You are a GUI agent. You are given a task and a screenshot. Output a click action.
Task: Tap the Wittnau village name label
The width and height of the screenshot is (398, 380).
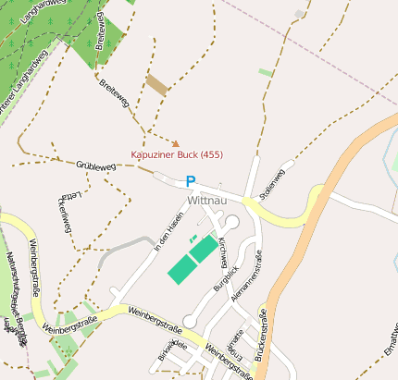pos(206,200)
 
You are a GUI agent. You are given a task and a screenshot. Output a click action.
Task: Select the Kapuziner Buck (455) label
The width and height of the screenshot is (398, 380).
pos(176,154)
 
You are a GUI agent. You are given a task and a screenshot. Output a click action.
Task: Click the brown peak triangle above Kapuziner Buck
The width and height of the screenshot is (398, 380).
pos(176,143)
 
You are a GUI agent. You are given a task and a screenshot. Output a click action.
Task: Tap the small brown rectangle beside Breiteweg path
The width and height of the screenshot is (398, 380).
pos(156,84)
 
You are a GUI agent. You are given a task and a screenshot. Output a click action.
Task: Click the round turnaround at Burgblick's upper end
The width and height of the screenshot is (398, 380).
pos(232,223)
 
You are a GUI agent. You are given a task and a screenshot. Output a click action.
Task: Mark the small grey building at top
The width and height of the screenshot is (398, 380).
pos(298,14)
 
